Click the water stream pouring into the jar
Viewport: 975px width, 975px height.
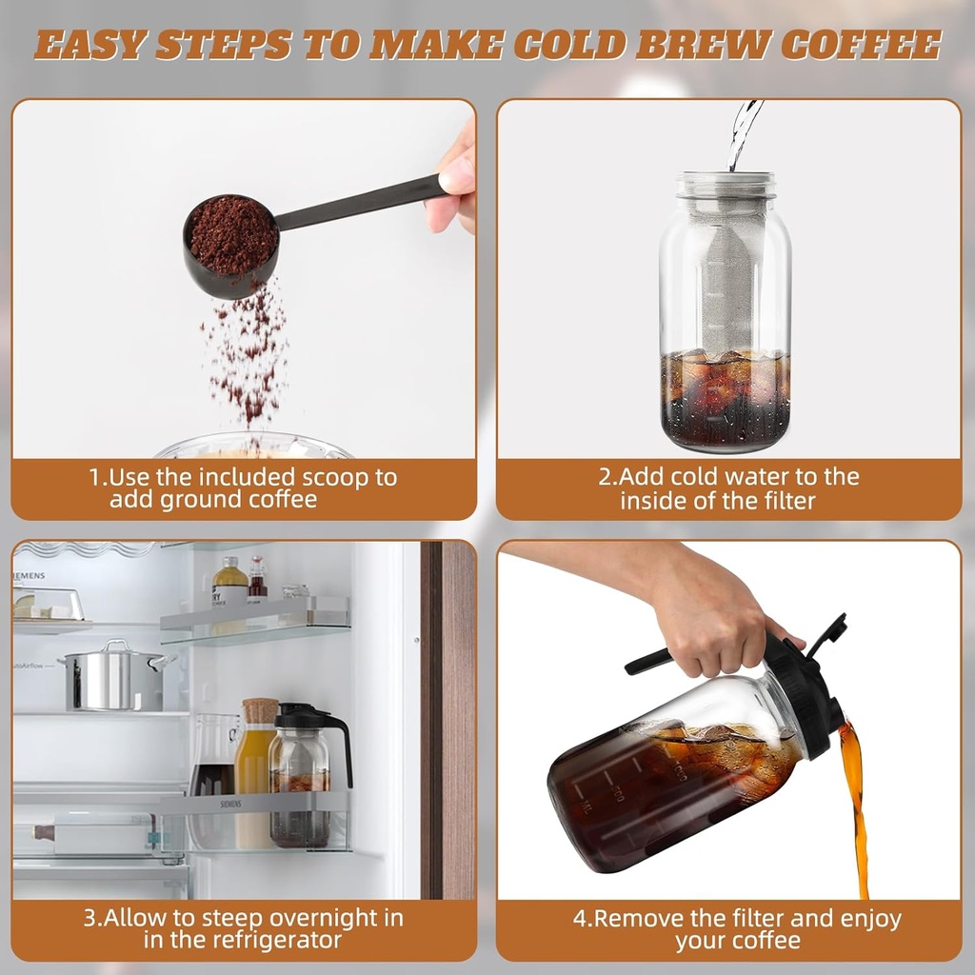click(744, 133)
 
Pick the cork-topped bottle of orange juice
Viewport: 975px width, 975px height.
click(256, 771)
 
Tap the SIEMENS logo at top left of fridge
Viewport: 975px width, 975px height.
click(30, 576)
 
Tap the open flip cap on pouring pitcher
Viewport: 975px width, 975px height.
click(826, 633)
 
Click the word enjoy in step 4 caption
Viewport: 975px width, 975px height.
click(866, 919)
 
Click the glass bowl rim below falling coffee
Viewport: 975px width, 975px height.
click(252, 445)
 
